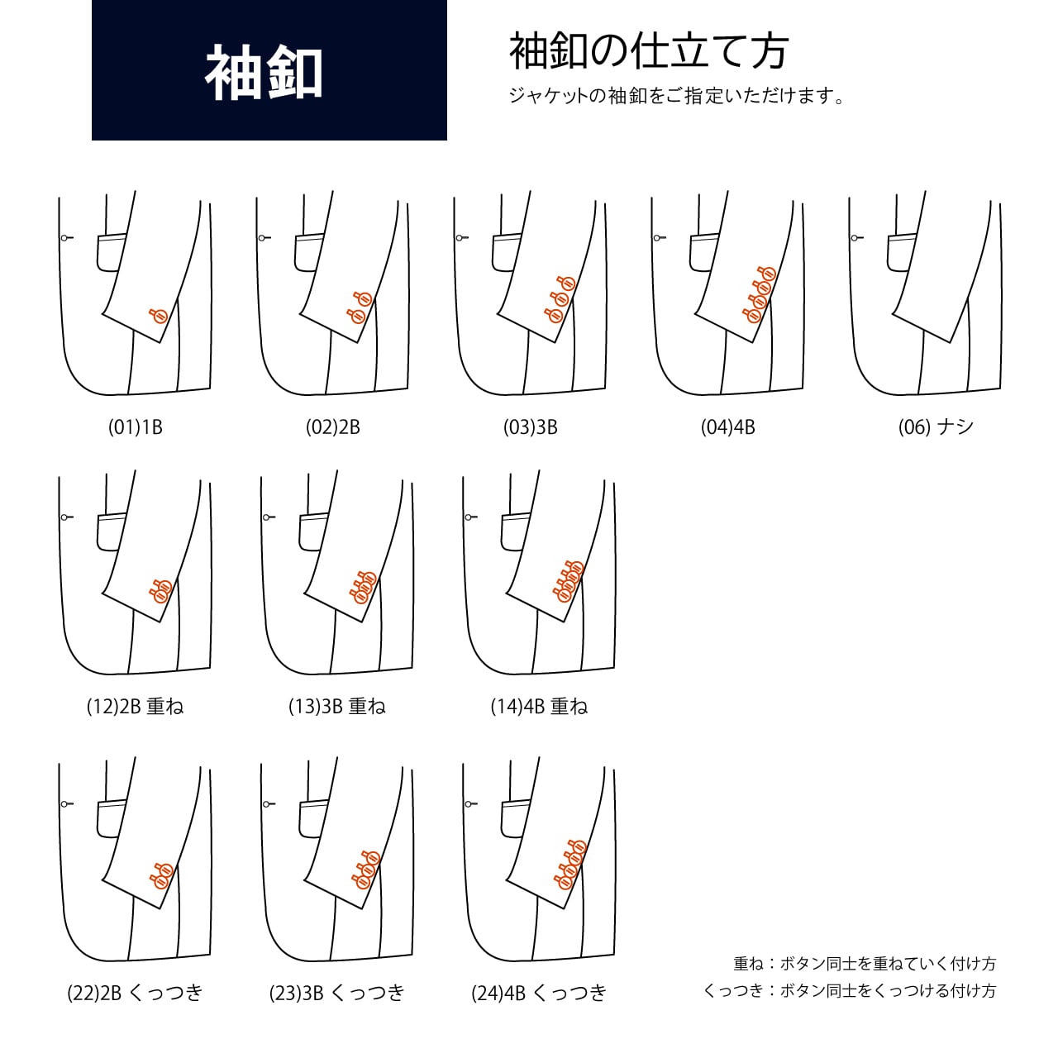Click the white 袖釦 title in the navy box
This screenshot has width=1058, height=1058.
264,73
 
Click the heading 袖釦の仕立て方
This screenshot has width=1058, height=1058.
648,51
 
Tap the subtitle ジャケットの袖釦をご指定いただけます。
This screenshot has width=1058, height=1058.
676,96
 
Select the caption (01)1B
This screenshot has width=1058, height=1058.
135,427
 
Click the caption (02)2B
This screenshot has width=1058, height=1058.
333,427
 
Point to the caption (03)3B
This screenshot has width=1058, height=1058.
531,427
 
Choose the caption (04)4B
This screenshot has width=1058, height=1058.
728,427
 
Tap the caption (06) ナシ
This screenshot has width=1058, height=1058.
936,427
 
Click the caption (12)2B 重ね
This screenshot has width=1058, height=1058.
135,706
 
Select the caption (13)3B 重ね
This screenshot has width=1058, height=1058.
337,706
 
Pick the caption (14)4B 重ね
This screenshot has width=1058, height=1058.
539,706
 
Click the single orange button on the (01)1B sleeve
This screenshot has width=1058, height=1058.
158,315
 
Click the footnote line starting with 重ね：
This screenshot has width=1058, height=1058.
865,963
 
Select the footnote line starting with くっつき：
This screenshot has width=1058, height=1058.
850,990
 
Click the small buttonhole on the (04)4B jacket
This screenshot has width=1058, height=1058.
659,238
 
